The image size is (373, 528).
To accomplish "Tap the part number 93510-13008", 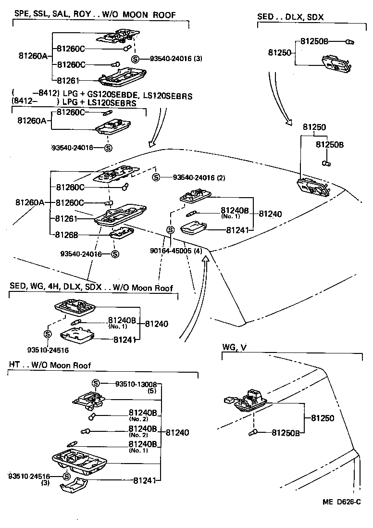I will click(136, 384).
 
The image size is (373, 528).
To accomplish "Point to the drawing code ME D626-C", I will click(341, 502).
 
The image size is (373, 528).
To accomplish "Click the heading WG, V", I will click(235, 347).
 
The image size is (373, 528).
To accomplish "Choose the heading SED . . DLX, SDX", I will click(290, 17).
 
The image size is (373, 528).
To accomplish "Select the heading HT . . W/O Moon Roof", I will click(50, 365).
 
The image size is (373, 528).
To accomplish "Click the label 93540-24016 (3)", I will click(175, 59).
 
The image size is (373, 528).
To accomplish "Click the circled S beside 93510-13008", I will click(96, 383).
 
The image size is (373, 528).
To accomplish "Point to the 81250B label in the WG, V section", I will click(286, 433).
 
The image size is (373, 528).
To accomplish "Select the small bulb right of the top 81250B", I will click(350, 42).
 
